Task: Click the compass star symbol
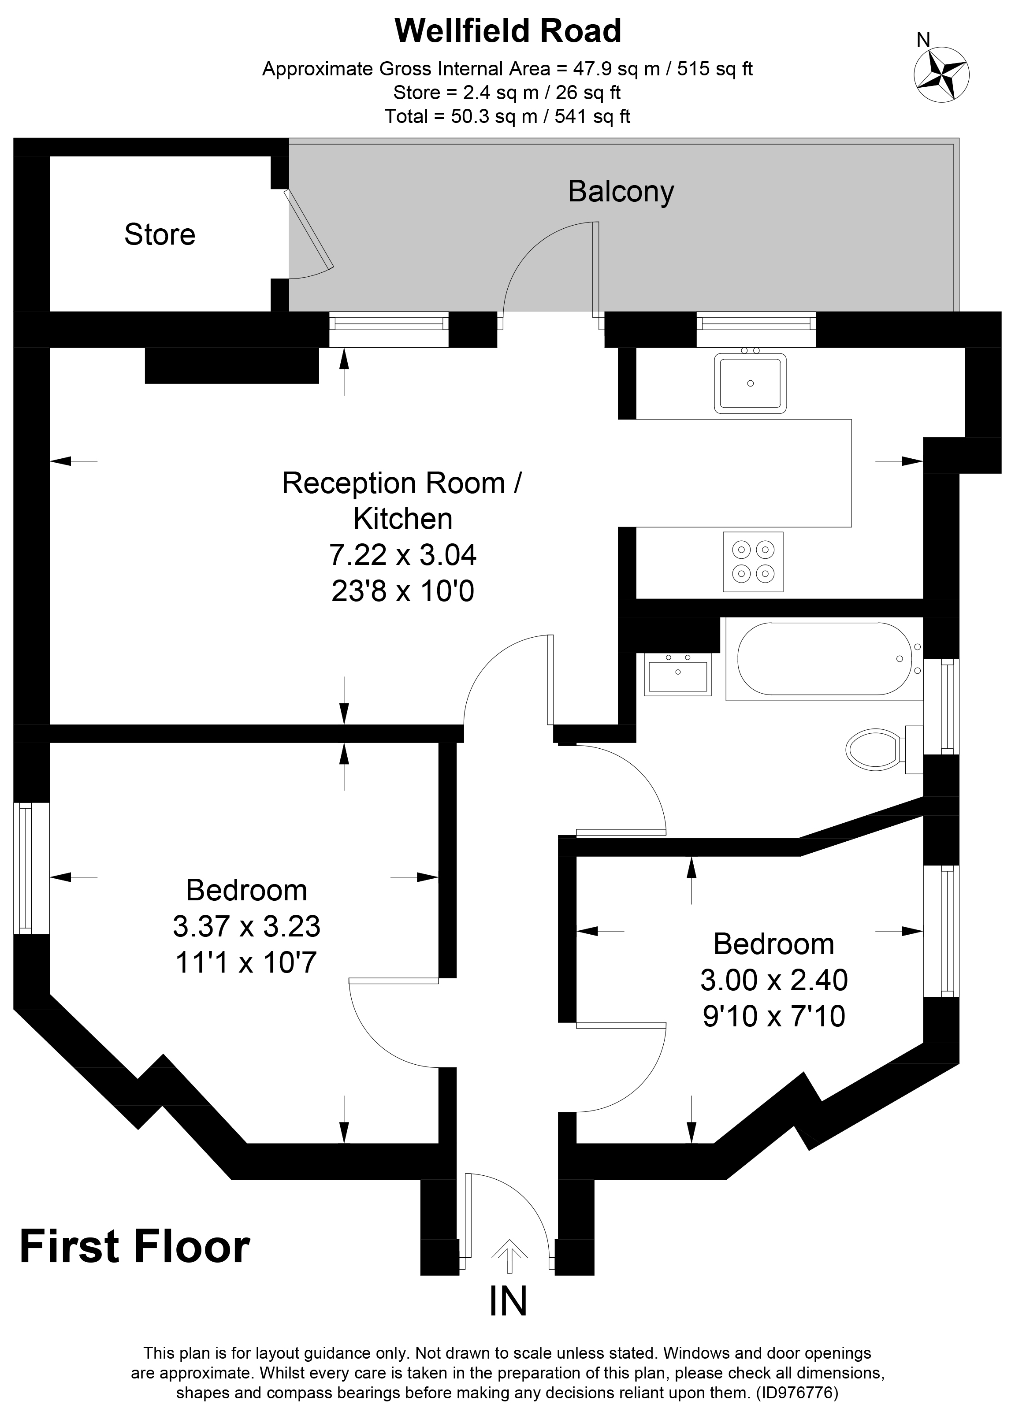pyautogui.click(x=941, y=75)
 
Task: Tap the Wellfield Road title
pyautogui.click(x=507, y=31)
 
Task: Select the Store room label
pyautogui.click(x=160, y=234)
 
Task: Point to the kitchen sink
pyautogui.click(x=750, y=383)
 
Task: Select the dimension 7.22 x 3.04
pyautogui.click(x=402, y=554)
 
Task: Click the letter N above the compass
pyautogui.click(x=923, y=40)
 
